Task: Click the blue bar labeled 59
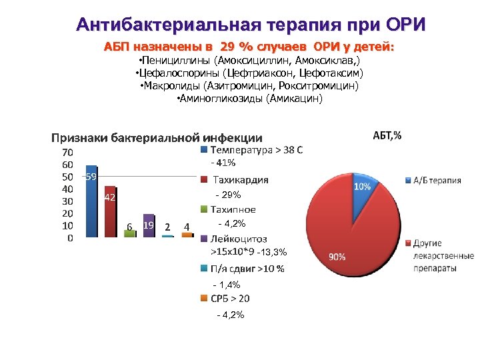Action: [x=91, y=201]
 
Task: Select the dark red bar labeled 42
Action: [x=110, y=212]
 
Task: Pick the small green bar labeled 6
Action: [x=129, y=233]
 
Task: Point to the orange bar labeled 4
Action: [x=187, y=235]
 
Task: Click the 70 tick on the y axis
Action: [x=68, y=152]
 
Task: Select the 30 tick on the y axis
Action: [x=68, y=201]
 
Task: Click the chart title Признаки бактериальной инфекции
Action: [x=157, y=138]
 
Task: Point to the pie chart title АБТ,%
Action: [x=386, y=135]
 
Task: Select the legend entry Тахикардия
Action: [x=240, y=179]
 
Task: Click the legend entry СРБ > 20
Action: [x=230, y=299]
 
